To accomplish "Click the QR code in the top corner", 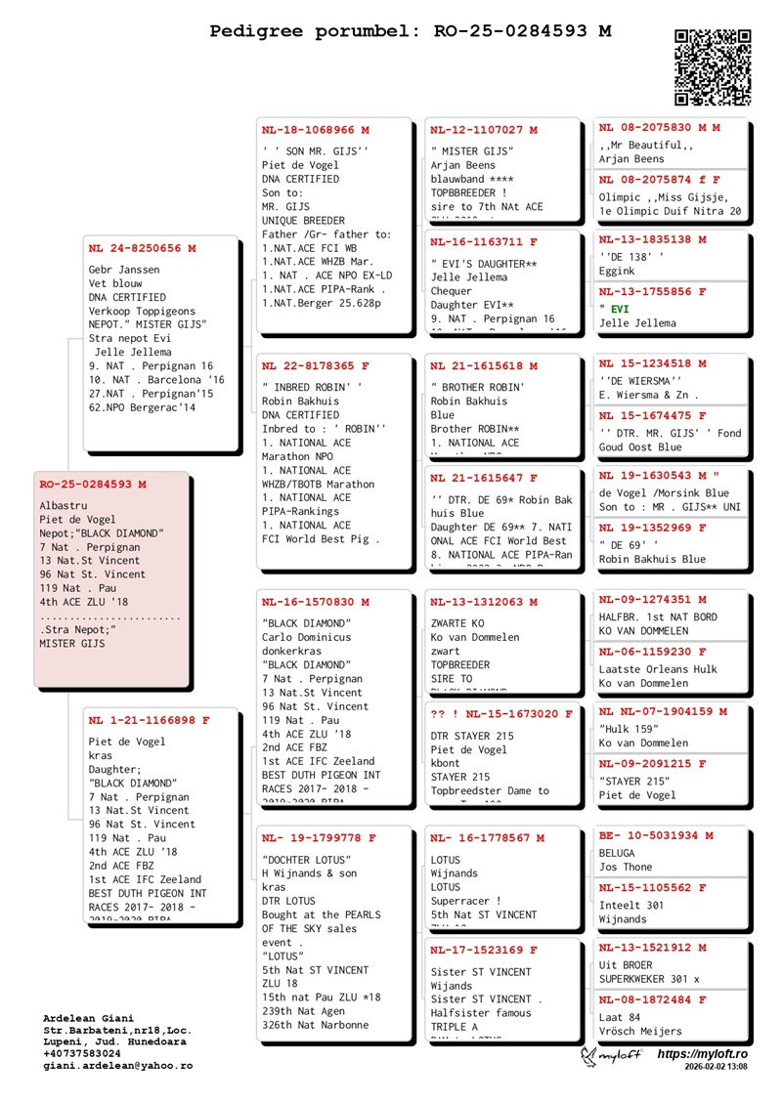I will point(713,67).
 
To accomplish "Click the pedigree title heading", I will point(411,31).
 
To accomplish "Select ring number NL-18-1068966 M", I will point(316,130).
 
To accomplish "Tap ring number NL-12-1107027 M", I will point(484,130).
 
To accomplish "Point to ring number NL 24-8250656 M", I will point(142,248).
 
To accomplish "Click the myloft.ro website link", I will point(702,1054).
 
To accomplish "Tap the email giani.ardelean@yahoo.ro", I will point(117,1066).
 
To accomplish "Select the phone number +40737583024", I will point(82,1054).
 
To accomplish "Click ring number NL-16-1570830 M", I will point(316,602).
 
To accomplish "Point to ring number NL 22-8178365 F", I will point(316,366).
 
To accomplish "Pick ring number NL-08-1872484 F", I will point(652,999).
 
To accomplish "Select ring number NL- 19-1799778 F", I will point(318,838).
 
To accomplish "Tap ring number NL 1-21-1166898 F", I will point(149,721).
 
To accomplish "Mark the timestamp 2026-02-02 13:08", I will point(716,1068).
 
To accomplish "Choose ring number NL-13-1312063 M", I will point(484,602).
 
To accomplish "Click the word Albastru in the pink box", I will point(64,506).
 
